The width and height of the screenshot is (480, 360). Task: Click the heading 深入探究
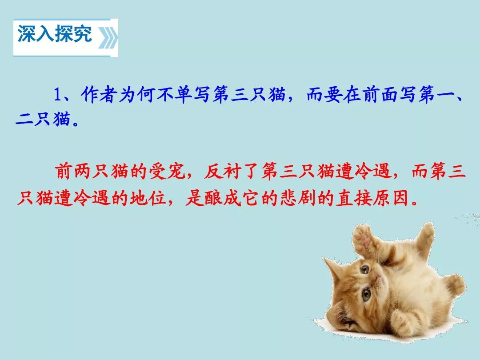click(55, 34)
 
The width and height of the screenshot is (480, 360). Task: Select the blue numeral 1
click(58, 94)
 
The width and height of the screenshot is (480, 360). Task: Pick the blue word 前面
click(380, 94)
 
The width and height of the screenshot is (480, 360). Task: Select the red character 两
click(83, 171)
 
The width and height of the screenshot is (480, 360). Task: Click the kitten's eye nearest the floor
click(366, 295)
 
